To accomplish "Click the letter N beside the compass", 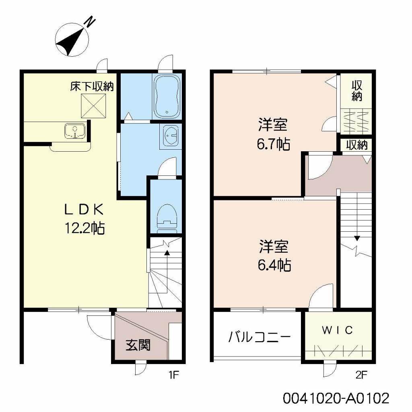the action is coord(90,22).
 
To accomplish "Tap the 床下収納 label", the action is coord(92,87).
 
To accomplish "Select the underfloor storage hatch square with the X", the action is coord(93,106).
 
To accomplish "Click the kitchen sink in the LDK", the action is coord(75,131).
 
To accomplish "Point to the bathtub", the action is coord(167,96).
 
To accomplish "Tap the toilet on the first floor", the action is coord(167,218).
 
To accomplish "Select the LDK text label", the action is coord(84,210).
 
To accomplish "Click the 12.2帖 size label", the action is coord(84,228).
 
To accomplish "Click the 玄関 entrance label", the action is coord(138,345).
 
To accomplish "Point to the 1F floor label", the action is coord(174,375).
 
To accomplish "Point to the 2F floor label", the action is coord(361,375).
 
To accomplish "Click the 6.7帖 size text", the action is coord(274,144).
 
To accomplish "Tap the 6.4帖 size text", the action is coord(274,265).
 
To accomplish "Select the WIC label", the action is coord(337,330).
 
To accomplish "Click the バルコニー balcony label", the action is coord(260,337).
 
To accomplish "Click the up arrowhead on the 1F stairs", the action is coord(167,253).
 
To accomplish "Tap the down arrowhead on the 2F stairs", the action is coord(356,238).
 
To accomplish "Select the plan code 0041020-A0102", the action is coord(336,398).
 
